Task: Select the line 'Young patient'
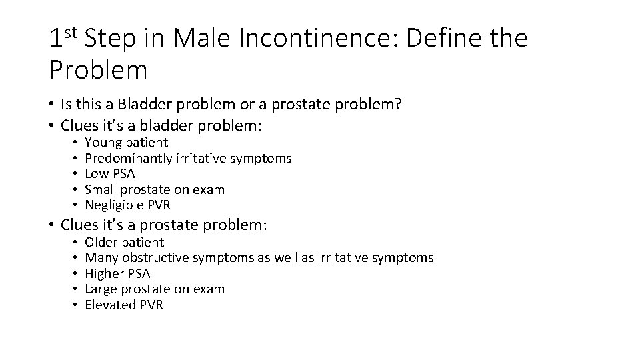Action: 126,142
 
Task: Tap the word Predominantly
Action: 129,158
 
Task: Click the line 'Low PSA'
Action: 109,173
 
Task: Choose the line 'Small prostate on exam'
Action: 155,189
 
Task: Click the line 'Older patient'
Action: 124,242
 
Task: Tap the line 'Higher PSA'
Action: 117,273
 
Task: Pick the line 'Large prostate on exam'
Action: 155,289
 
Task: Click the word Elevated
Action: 110,305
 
